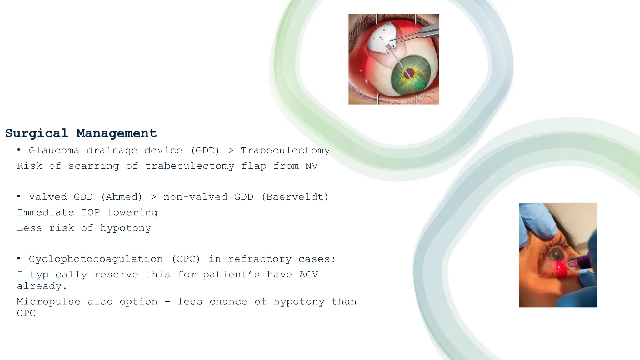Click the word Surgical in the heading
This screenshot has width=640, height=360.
37,133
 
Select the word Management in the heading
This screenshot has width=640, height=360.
116,133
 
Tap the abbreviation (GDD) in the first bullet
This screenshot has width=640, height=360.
205,151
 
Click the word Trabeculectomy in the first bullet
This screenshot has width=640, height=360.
285,151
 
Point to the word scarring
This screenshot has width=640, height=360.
94,166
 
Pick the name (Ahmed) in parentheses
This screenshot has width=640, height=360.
122,197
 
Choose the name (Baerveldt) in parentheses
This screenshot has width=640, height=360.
295,197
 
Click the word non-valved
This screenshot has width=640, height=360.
195,197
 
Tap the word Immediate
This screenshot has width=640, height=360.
46,213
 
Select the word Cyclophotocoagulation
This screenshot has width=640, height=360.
96,259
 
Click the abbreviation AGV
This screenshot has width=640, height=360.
308,275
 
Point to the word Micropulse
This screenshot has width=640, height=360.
49,302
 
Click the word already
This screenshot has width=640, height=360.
42,286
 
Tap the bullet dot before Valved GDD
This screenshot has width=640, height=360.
19,197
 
